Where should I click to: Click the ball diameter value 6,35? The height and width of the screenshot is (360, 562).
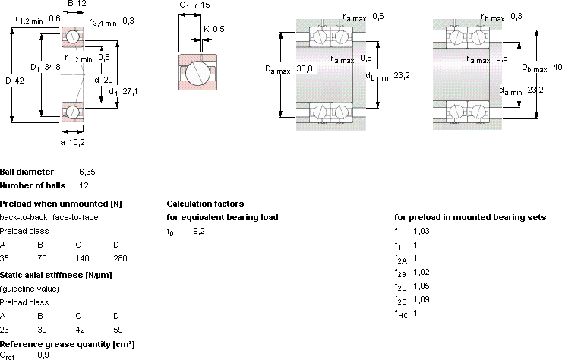click(87, 172)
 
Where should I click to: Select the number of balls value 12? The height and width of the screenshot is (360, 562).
click(84, 185)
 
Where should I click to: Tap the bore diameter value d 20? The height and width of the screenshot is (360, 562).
click(103, 80)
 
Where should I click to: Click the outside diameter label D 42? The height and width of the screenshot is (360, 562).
click(14, 81)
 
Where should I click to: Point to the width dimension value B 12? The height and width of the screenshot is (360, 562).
click(77, 4)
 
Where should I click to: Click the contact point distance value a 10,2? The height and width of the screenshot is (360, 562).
click(72, 142)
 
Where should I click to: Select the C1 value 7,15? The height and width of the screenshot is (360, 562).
click(202, 5)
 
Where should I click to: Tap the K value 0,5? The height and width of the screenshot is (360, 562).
click(219, 29)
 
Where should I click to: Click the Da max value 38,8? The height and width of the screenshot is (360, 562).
click(305, 68)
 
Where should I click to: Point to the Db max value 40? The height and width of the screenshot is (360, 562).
click(557, 67)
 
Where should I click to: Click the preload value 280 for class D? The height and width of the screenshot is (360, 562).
click(120, 258)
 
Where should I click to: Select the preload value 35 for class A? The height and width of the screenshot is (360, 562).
click(5, 258)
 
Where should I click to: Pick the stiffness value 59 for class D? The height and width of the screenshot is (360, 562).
click(118, 330)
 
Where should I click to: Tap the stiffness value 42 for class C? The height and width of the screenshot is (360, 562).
click(80, 330)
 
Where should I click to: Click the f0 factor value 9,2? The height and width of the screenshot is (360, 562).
click(199, 231)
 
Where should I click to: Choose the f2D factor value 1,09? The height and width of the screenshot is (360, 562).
click(421, 299)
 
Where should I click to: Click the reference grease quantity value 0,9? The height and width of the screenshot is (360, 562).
click(43, 355)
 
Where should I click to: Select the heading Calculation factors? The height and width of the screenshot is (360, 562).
click(205, 204)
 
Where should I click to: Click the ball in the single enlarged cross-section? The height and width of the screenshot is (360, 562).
click(197, 72)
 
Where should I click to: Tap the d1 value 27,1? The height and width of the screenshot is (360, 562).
click(130, 91)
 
